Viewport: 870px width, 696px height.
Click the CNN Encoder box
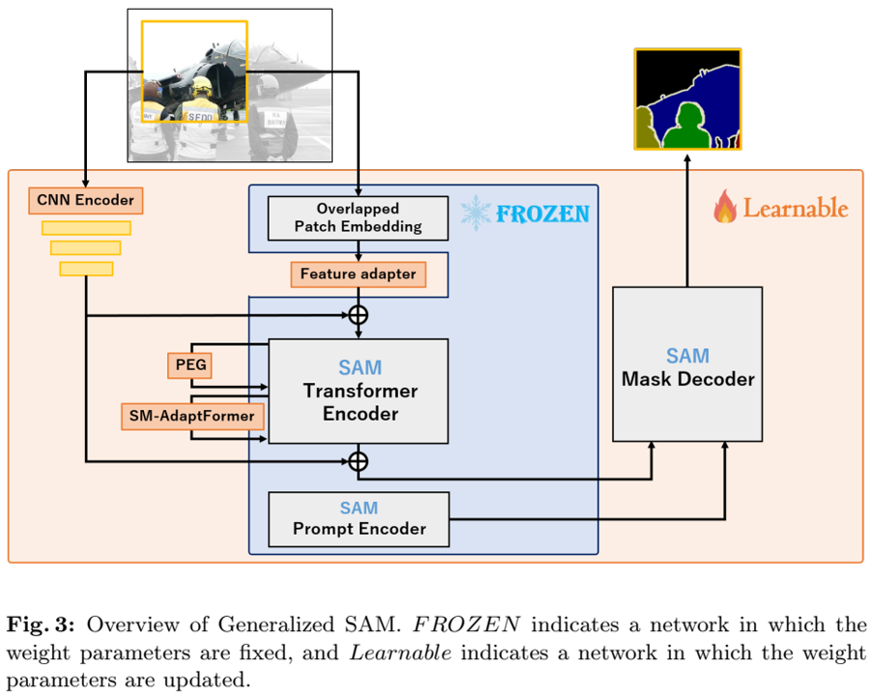tap(86, 201)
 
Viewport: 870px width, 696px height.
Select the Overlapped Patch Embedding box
tap(358, 217)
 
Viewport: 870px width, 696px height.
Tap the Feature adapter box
tap(358, 275)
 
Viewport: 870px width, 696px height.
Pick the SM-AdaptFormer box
tap(192, 417)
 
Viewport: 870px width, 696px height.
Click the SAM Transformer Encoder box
tap(359, 391)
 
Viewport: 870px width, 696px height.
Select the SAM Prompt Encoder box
tap(359, 518)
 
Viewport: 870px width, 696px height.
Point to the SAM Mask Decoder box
tap(687, 366)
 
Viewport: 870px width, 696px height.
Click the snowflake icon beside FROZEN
tap(475, 213)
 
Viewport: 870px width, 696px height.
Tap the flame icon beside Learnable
tap(724, 206)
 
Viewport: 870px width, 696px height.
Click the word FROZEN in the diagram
tap(542, 214)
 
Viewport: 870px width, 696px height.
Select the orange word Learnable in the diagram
tap(795, 208)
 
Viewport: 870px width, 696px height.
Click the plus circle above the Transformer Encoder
tap(359, 314)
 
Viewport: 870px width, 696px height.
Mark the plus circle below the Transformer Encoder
tap(359, 460)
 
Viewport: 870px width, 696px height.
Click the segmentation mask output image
tap(687, 100)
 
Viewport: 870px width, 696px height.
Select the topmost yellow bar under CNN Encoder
tap(86, 228)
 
